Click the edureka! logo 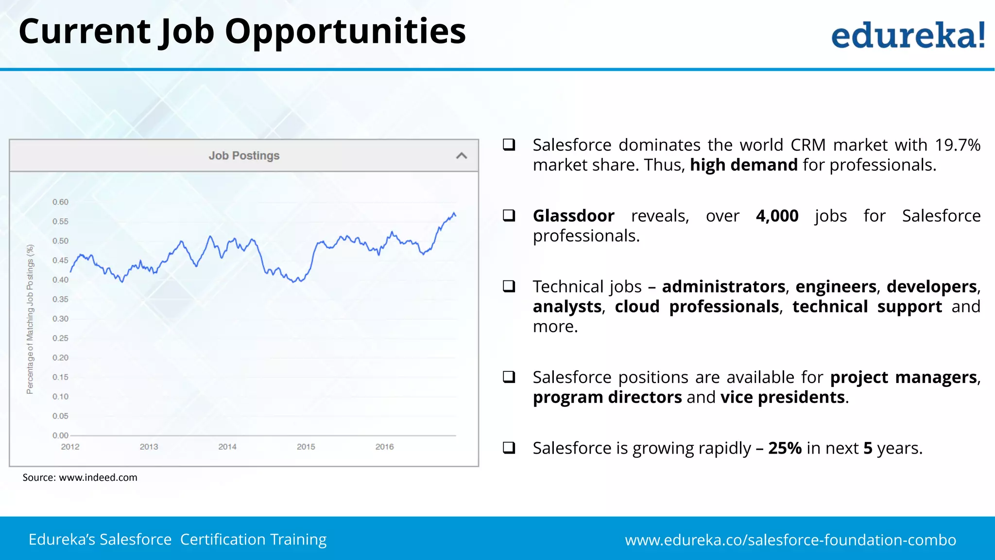pos(908,35)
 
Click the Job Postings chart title pos(244,156)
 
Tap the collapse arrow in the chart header pos(462,156)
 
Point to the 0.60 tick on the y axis pos(61,202)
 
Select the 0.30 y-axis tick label pos(61,318)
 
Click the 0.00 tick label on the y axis pos(61,435)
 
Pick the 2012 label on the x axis pos(70,446)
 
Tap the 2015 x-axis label pos(306,446)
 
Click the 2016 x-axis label pos(384,446)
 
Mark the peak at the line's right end pos(454,213)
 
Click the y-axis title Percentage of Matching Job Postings pos(30,319)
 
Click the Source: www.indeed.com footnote pos(80,477)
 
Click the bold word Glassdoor pos(573,216)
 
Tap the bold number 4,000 pos(777,216)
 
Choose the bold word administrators pos(723,287)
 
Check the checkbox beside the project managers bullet pos(509,377)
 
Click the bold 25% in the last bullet pos(785,448)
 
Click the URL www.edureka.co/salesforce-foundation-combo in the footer pos(790,540)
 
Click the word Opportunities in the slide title pos(345,31)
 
